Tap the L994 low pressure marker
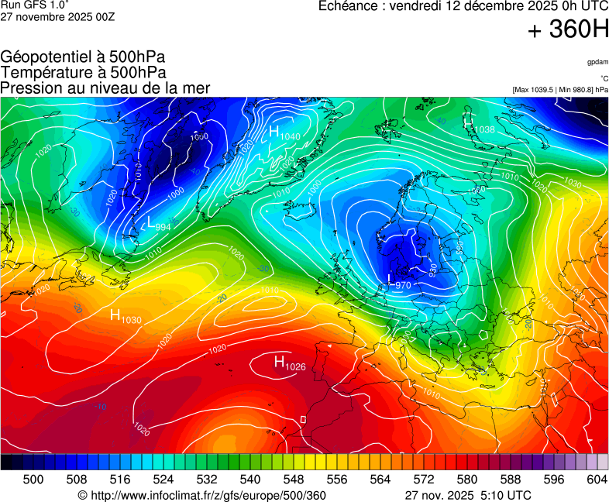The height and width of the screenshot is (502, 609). [158, 225]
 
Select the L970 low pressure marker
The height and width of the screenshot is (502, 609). [398, 283]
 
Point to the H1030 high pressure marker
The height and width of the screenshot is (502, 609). [125, 316]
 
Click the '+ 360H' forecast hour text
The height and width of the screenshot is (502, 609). [568, 30]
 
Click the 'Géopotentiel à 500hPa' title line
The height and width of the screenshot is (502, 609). [83, 57]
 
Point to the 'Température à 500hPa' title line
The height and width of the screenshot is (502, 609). [83, 72]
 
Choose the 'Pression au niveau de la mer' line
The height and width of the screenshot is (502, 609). [105, 88]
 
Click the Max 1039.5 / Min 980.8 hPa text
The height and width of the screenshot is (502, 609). [560, 90]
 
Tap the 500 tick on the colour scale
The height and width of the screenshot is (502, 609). [33, 480]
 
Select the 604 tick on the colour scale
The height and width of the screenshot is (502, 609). [597, 480]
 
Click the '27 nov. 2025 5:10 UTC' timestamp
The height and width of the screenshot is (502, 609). [468, 494]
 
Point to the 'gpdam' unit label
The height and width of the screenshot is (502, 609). [597, 61]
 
